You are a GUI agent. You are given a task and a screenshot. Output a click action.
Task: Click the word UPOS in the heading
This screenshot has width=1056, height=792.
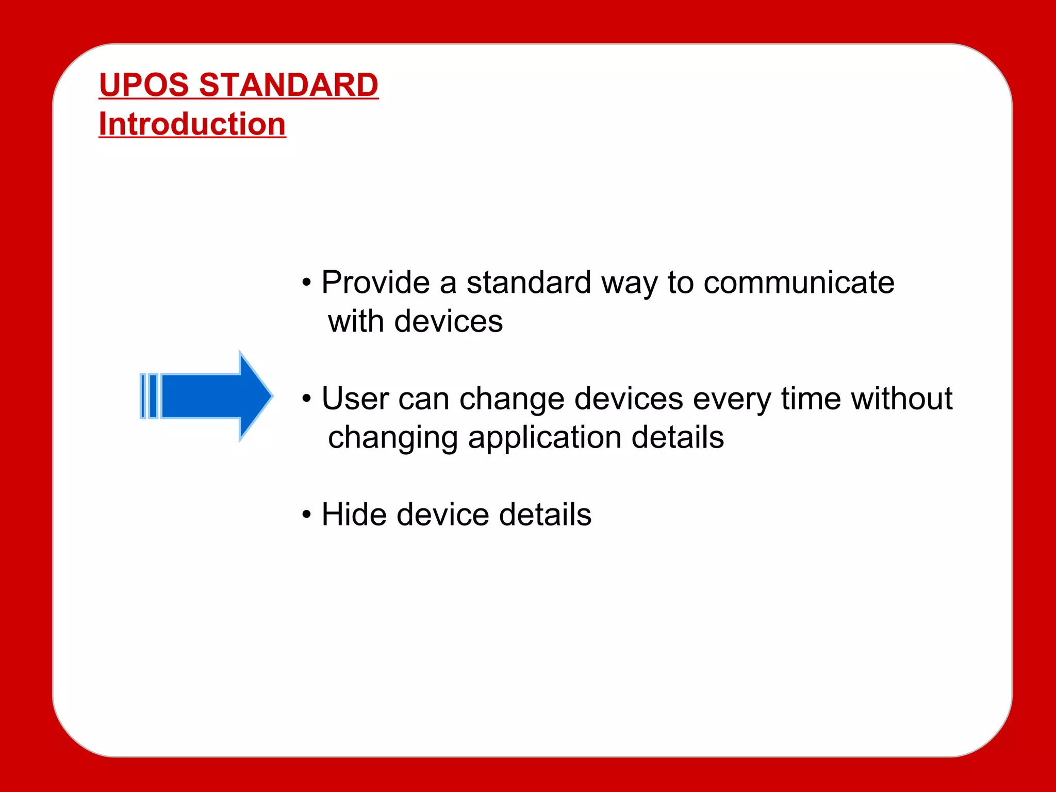point(145,85)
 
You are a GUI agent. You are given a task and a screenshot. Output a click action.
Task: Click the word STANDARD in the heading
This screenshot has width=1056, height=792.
point(289,85)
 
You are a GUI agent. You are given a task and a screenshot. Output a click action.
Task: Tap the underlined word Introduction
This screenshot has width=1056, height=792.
point(192,124)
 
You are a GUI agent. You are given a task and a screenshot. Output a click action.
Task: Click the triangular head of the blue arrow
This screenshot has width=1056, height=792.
point(255,396)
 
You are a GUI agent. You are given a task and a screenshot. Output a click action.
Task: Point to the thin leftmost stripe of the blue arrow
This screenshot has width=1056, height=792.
point(143,396)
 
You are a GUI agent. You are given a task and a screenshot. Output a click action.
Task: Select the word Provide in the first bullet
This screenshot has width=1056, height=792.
point(375,283)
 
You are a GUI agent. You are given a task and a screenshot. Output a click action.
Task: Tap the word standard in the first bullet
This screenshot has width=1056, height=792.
point(529,283)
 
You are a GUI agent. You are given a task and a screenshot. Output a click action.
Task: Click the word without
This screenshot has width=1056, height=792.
point(901,399)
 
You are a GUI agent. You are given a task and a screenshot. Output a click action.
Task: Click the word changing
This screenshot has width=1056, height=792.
point(393,438)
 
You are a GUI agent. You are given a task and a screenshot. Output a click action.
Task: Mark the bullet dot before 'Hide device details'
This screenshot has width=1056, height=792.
point(307,515)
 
